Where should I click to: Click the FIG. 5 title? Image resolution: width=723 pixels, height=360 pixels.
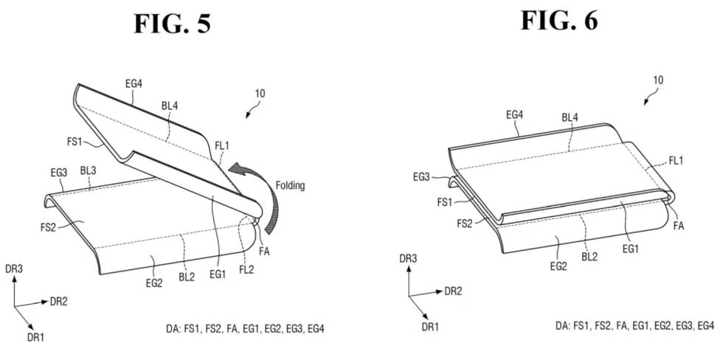tap(173, 24)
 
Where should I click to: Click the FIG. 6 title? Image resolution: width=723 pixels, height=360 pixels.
tap(559, 21)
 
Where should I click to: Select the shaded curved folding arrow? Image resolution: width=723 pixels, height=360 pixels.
tap(257, 193)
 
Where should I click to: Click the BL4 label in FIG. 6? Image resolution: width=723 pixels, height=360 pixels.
tap(570, 117)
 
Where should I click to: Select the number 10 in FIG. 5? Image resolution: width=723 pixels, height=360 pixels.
tap(260, 94)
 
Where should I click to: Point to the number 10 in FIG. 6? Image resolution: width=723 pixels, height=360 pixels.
tap(658, 80)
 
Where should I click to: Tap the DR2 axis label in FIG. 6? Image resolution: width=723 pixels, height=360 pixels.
tap(453, 291)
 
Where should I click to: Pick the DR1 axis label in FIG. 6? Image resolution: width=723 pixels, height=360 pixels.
tap(430, 327)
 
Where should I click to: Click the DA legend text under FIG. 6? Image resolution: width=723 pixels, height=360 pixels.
tap(635, 325)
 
